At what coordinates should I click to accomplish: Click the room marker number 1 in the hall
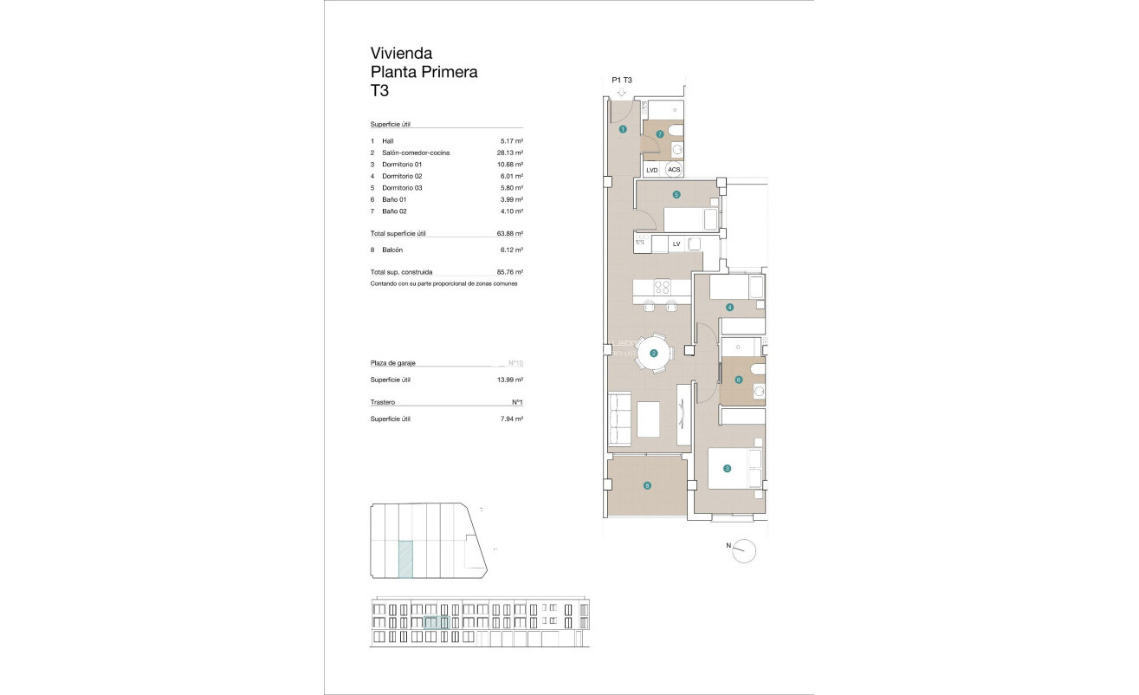coord(623,129)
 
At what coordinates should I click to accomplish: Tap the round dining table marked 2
coord(654,353)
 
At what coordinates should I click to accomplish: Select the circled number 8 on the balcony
coord(647,485)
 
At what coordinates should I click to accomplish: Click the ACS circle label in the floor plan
coord(674,170)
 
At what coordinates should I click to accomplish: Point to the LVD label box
coord(652,170)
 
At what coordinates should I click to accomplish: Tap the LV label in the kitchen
coord(676,244)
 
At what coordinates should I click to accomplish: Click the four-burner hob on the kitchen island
coord(663,287)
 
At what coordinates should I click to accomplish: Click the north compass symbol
coord(744,550)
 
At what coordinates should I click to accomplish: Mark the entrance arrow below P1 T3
coord(621,92)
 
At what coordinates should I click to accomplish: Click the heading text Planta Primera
coord(424,72)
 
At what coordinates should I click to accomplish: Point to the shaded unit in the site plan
coord(404,558)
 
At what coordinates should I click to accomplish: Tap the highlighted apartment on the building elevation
coord(437,622)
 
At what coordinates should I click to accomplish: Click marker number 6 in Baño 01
coord(738,380)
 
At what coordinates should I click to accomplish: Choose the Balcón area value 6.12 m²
coord(512,250)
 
